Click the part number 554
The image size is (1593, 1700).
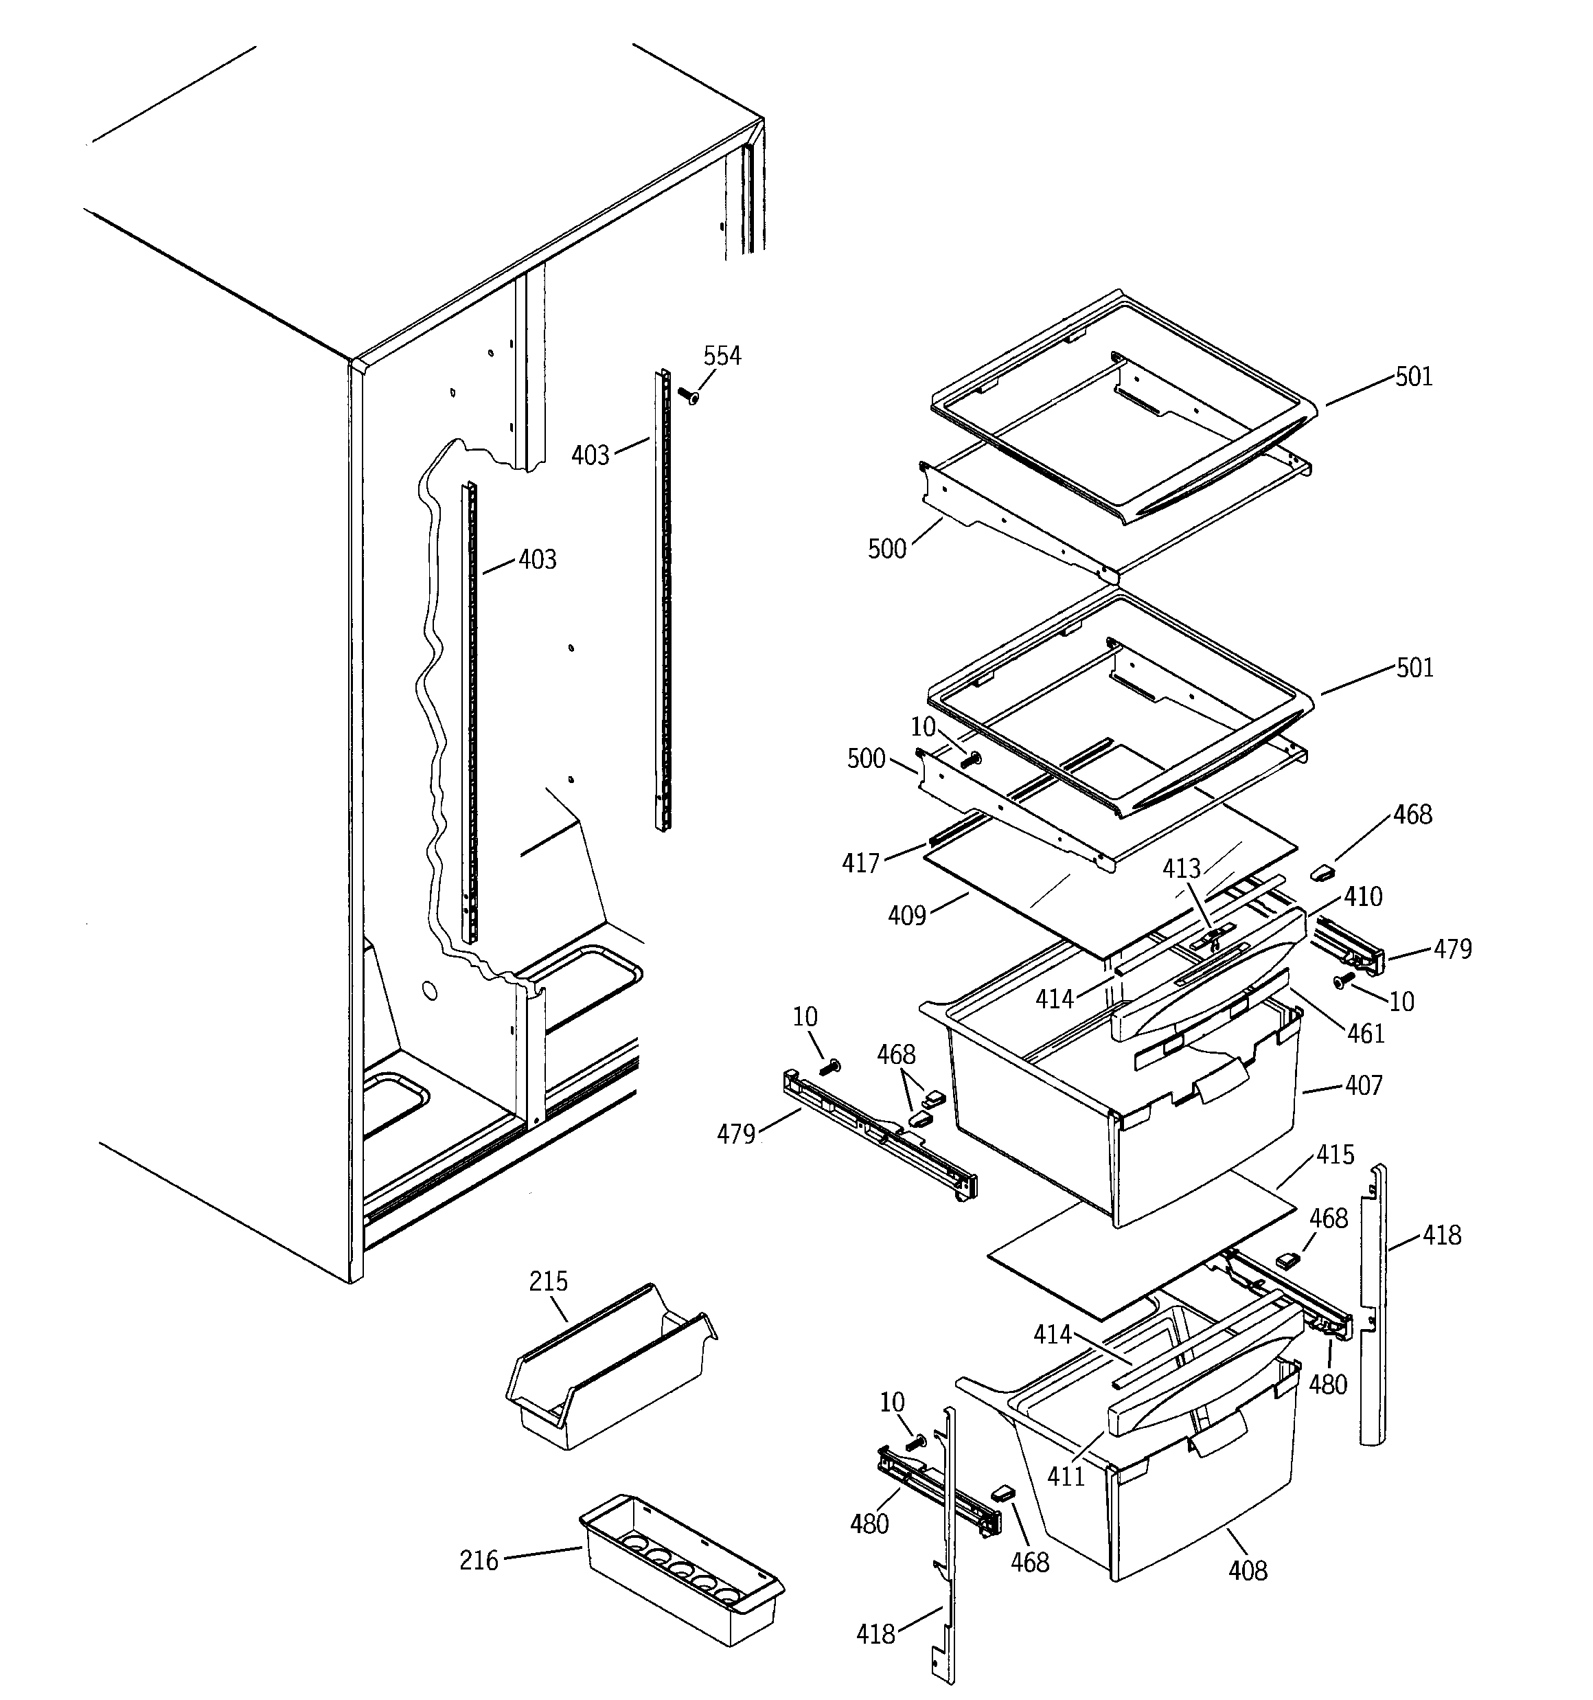722,356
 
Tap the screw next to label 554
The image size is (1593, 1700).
687,396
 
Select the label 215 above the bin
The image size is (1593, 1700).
548,1281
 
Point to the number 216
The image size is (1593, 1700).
479,1561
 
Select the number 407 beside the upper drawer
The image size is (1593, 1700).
1364,1085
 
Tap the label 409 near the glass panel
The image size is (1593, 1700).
907,916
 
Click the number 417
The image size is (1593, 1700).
861,863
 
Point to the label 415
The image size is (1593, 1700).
1335,1155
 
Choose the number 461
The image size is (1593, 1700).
1366,1034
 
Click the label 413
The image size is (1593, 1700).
1182,869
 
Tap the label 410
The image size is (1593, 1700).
1363,896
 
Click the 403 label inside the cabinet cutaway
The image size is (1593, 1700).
537,559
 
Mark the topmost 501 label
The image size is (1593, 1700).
1413,376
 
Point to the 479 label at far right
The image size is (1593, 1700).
1453,949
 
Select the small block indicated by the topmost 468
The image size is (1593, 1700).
1322,872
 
